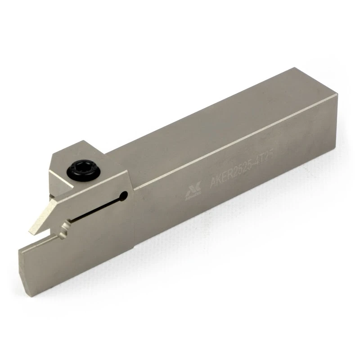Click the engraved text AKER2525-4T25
pyautogui.click(x=241, y=169)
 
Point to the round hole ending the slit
pyautogui.click(x=124, y=194)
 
